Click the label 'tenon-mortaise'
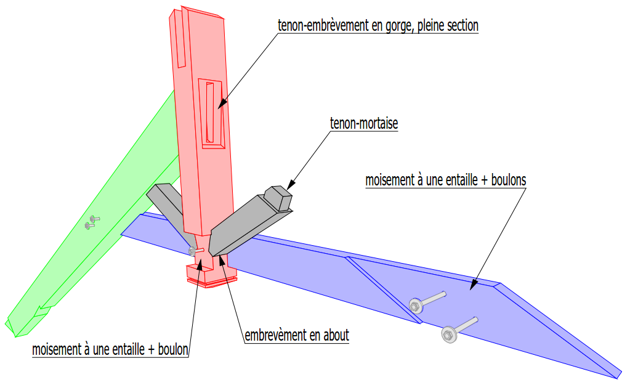point(364,124)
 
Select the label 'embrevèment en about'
point(297,336)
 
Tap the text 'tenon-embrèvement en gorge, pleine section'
point(378,26)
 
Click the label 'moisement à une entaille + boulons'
point(446,181)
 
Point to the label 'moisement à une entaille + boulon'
point(110,349)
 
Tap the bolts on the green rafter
point(91,222)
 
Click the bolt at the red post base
point(193,250)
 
